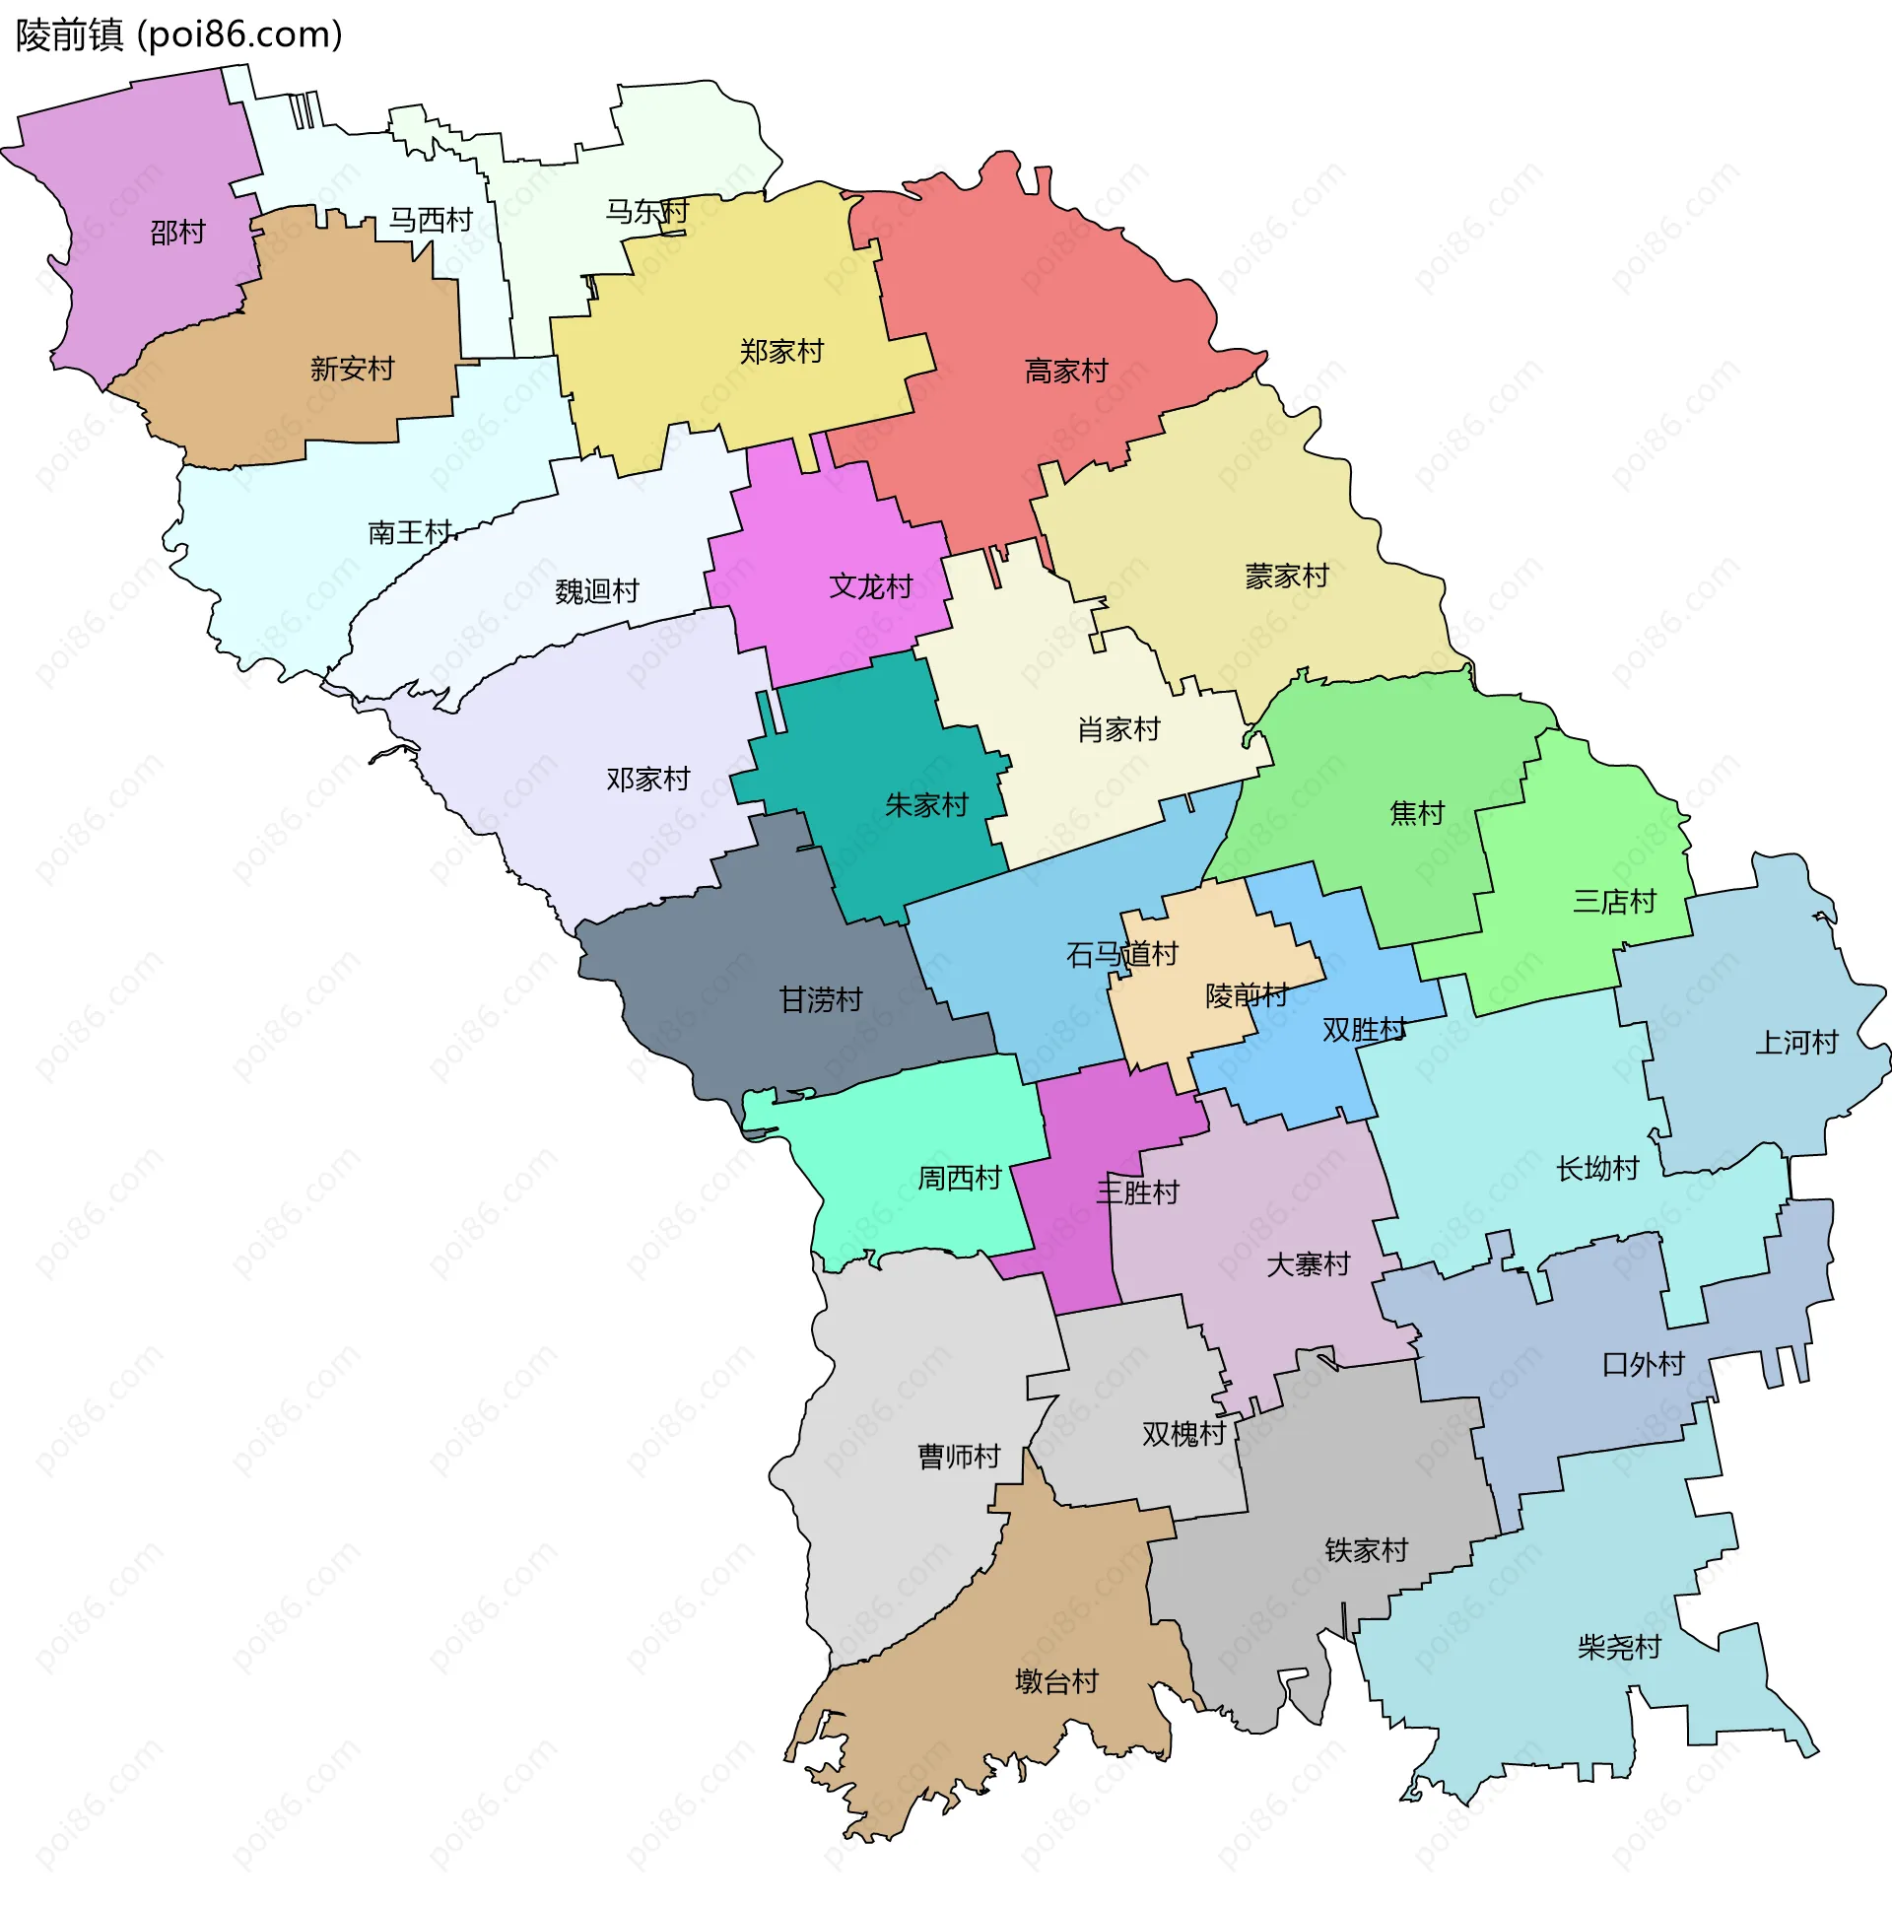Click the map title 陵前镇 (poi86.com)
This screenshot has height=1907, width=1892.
(x=178, y=35)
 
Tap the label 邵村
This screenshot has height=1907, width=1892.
(x=177, y=233)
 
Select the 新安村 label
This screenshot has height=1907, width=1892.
(x=353, y=370)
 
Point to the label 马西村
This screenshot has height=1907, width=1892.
(x=431, y=220)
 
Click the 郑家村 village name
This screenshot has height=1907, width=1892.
(x=781, y=352)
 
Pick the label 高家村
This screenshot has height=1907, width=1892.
(x=1066, y=372)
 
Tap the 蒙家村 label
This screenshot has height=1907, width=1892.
(x=1286, y=577)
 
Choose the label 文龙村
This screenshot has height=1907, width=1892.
(x=870, y=587)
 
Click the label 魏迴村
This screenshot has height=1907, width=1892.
(x=597, y=591)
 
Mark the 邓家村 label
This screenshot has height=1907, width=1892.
(x=648, y=780)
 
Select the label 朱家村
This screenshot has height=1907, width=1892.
(x=925, y=805)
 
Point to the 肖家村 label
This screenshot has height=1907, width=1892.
(x=1118, y=730)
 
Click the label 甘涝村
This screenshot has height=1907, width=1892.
(x=820, y=1001)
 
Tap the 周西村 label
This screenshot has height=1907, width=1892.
(x=960, y=1179)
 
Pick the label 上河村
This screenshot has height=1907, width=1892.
(x=1796, y=1044)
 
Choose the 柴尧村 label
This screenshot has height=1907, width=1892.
(x=1619, y=1648)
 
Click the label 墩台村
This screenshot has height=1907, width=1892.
(x=1056, y=1682)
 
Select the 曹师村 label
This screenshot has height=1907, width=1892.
(x=959, y=1457)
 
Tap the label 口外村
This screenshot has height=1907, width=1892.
(x=1643, y=1365)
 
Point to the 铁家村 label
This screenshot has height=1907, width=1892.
(x=1366, y=1550)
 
